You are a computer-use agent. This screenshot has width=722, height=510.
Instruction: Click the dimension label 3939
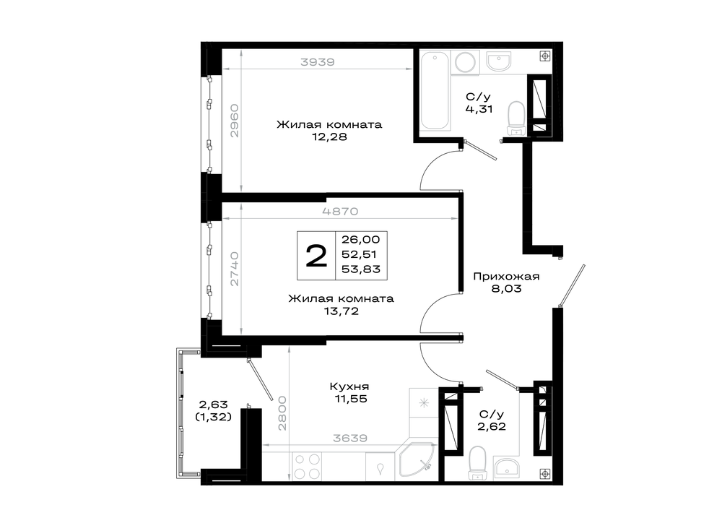coord(317,61)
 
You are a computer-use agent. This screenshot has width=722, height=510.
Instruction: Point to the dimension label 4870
coord(340,212)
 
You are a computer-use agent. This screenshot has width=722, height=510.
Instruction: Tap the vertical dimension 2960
coord(235,121)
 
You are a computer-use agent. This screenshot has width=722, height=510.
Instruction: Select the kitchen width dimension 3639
coord(350,438)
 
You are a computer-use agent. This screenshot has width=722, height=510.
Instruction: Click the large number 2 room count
coord(316,256)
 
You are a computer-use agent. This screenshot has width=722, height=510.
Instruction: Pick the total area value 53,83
coord(361,269)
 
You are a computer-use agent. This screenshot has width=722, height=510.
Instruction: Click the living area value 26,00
coord(361,240)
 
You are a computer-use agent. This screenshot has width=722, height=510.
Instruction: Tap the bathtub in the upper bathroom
coord(435,91)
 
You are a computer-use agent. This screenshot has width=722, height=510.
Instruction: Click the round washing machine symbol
coord(465,62)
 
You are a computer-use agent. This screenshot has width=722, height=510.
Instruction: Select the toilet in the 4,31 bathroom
coord(517,118)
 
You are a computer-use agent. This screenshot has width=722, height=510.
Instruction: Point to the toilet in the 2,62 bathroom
coord(476,462)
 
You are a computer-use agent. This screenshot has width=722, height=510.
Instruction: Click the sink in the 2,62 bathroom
coord(508,467)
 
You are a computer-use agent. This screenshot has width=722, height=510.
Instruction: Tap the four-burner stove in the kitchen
coord(307,467)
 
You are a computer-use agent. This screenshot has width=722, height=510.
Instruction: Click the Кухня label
coord(349,386)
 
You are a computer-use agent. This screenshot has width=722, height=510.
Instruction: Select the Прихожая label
coord(506,277)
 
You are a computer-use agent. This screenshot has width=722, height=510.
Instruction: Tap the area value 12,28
coord(329,137)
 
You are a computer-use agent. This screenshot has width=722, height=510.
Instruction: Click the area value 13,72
coord(342,311)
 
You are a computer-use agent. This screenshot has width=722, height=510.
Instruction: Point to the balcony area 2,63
coord(213,405)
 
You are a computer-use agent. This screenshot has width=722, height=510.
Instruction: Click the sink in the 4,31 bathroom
coord(499,61)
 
